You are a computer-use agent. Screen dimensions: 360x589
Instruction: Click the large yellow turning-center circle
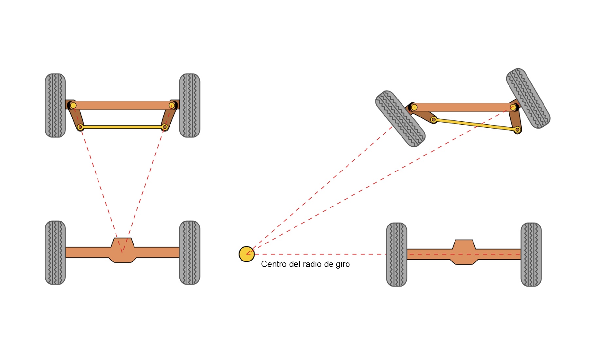[x=246, y=254]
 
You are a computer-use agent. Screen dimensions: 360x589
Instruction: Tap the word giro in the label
[x=343, y=264]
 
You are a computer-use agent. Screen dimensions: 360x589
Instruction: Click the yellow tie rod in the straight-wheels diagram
[x=122, y=127]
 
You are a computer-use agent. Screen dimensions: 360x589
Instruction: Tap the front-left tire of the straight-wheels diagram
[x=55, y=105]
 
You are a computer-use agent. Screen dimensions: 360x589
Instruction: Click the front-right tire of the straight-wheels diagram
[x=189, y=105]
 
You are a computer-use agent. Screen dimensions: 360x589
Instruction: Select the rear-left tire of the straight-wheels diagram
[x=55, y=252]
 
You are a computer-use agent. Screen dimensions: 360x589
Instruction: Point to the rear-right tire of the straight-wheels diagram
[x=189, y=252]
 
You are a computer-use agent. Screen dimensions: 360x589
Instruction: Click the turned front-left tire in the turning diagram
[x=400, y=118]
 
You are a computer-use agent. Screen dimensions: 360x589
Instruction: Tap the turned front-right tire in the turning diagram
[x=528, y=98]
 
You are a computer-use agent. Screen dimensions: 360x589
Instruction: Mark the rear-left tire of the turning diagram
[x=397, y=254]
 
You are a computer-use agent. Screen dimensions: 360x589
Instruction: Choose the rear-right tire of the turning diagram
[x=531, y=254]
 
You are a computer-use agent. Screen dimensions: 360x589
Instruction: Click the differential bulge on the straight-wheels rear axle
[x=122, y=250]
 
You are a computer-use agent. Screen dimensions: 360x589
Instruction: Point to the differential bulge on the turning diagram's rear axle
[x=464, y=252]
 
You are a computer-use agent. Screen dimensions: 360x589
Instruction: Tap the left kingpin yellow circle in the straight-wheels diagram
[x=73, y=105]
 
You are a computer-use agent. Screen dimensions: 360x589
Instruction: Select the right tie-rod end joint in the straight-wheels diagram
[x=165, y=127]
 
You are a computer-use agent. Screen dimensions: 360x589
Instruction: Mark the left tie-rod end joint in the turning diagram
[x=434, y=120]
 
